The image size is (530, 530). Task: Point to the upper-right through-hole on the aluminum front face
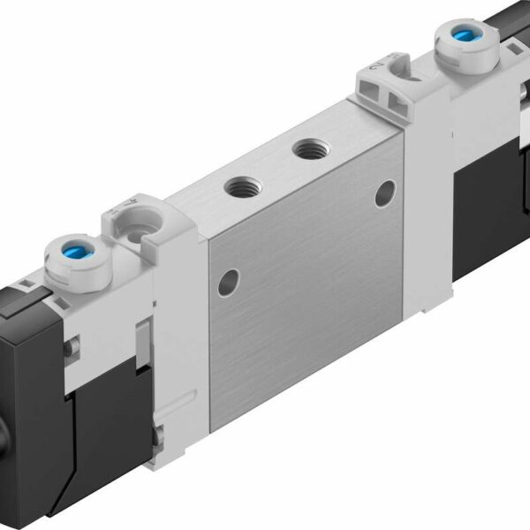[384, 193]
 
